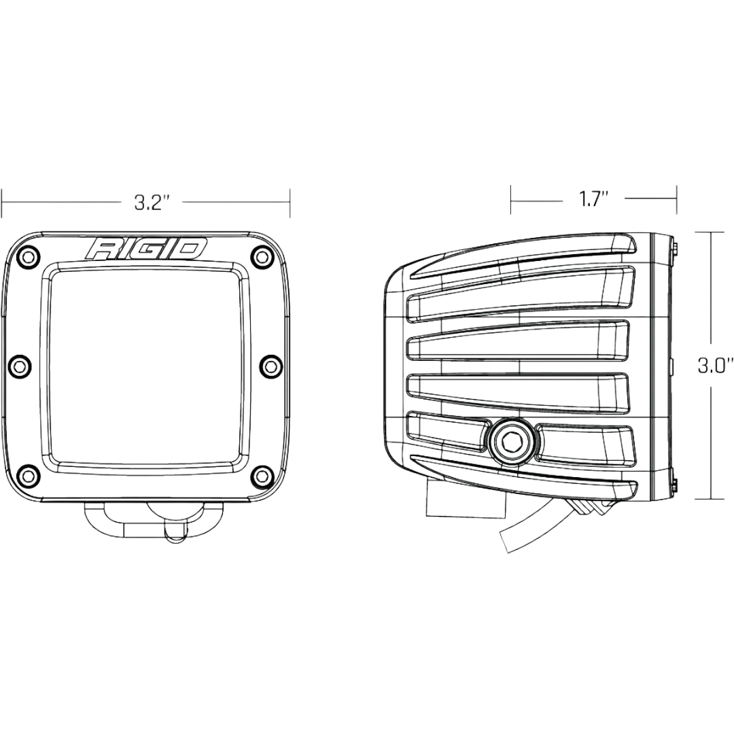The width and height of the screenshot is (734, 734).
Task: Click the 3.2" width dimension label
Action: [x=151, y=203]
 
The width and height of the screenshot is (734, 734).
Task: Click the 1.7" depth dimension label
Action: [x=593, y=200]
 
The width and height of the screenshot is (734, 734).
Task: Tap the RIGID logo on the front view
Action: [x=146, y=249]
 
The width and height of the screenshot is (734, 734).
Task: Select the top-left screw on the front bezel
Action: [x=28, y=257]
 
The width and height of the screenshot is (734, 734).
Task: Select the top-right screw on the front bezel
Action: [x=262, y=257]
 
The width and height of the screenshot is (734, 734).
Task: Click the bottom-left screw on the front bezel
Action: [x=28, y=474]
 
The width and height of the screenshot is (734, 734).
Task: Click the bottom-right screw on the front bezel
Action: [x=262, y=474]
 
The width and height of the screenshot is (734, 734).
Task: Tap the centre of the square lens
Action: [x=145, y=366]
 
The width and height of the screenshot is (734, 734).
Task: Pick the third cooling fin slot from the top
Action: [x=520, y=389]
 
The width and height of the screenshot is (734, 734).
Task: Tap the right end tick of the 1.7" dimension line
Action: [x=676, y=199]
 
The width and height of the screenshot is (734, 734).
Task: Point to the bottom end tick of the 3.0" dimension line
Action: [x=710, y=500]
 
